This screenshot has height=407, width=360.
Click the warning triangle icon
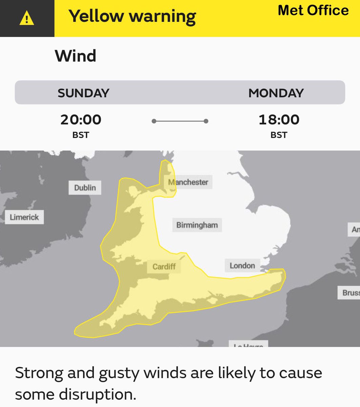[27, 19]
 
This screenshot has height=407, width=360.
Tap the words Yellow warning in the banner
[132, 16]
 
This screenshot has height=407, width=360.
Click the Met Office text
[313, 10]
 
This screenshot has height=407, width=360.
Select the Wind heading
[76, 56]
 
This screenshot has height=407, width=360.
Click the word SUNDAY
[83, 93]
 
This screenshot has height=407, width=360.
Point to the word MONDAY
[276, 93]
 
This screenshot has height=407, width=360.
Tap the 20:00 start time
[81, 119]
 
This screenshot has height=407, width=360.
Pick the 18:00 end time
[279, 119]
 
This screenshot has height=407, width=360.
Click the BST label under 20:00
[81, 135]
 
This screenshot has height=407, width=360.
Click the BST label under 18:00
[279, 135]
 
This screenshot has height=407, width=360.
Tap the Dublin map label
[85, 188]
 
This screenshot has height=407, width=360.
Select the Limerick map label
[24, 217]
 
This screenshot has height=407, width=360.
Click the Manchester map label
[188, 182]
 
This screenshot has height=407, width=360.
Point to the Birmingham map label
[197, 225]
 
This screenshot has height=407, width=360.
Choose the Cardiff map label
[164, 267]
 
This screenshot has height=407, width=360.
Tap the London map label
[242, 265]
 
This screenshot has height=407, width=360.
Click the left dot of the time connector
[154, 121]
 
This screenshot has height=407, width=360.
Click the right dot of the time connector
[206, 121]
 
